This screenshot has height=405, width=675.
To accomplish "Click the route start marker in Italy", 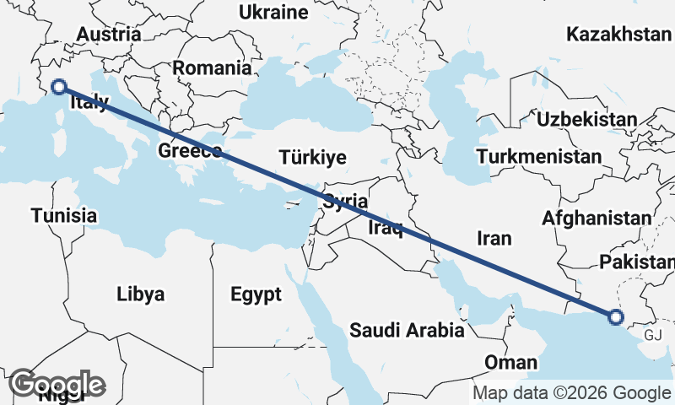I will coord(59,86).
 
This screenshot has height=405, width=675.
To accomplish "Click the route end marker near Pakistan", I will coord(615,317).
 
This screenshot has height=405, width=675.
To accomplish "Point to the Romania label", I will coord(213,68).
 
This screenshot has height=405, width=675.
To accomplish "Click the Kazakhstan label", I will coord(618,35).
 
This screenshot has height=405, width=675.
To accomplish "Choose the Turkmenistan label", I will coord(538,157).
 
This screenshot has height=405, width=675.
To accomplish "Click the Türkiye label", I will coord(313,158).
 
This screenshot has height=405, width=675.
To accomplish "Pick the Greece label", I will coord(190,152).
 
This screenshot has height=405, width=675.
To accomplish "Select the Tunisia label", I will coord(64,216).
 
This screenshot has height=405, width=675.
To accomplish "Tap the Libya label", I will coord(141,294).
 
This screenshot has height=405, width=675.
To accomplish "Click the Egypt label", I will coord(256,295).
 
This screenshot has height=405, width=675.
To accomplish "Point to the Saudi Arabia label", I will coord(407,330).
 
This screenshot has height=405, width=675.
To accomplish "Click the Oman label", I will coord(511,363).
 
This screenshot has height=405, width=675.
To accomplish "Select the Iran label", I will coord(494,239).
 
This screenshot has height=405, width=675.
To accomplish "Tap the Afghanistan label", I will coord(597,219).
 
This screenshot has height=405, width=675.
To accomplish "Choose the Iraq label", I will coord(382,228).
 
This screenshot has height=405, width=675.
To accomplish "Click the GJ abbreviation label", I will coord(653,335).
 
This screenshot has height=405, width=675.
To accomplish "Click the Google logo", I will coord(57,384).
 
